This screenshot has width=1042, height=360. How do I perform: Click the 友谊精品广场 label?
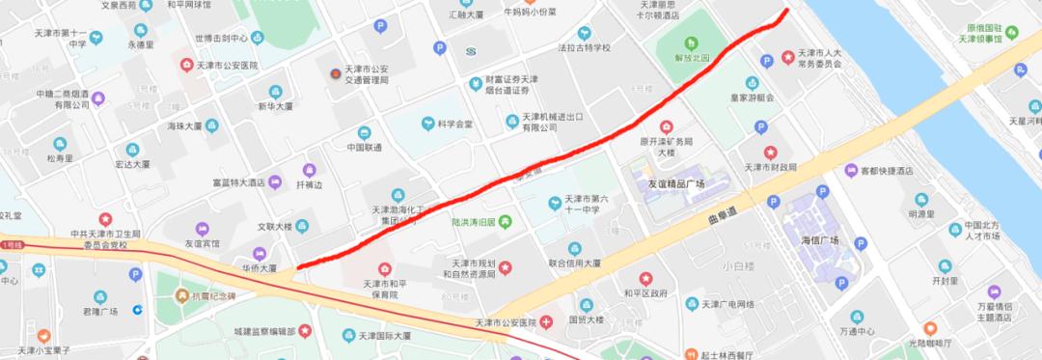(690, 183)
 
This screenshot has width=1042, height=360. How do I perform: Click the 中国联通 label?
(364, 148)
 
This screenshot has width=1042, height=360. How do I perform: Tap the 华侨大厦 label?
(260, 267)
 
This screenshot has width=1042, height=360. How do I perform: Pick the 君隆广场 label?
(99, 311)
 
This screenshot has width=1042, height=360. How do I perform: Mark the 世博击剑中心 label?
(221, 39)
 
